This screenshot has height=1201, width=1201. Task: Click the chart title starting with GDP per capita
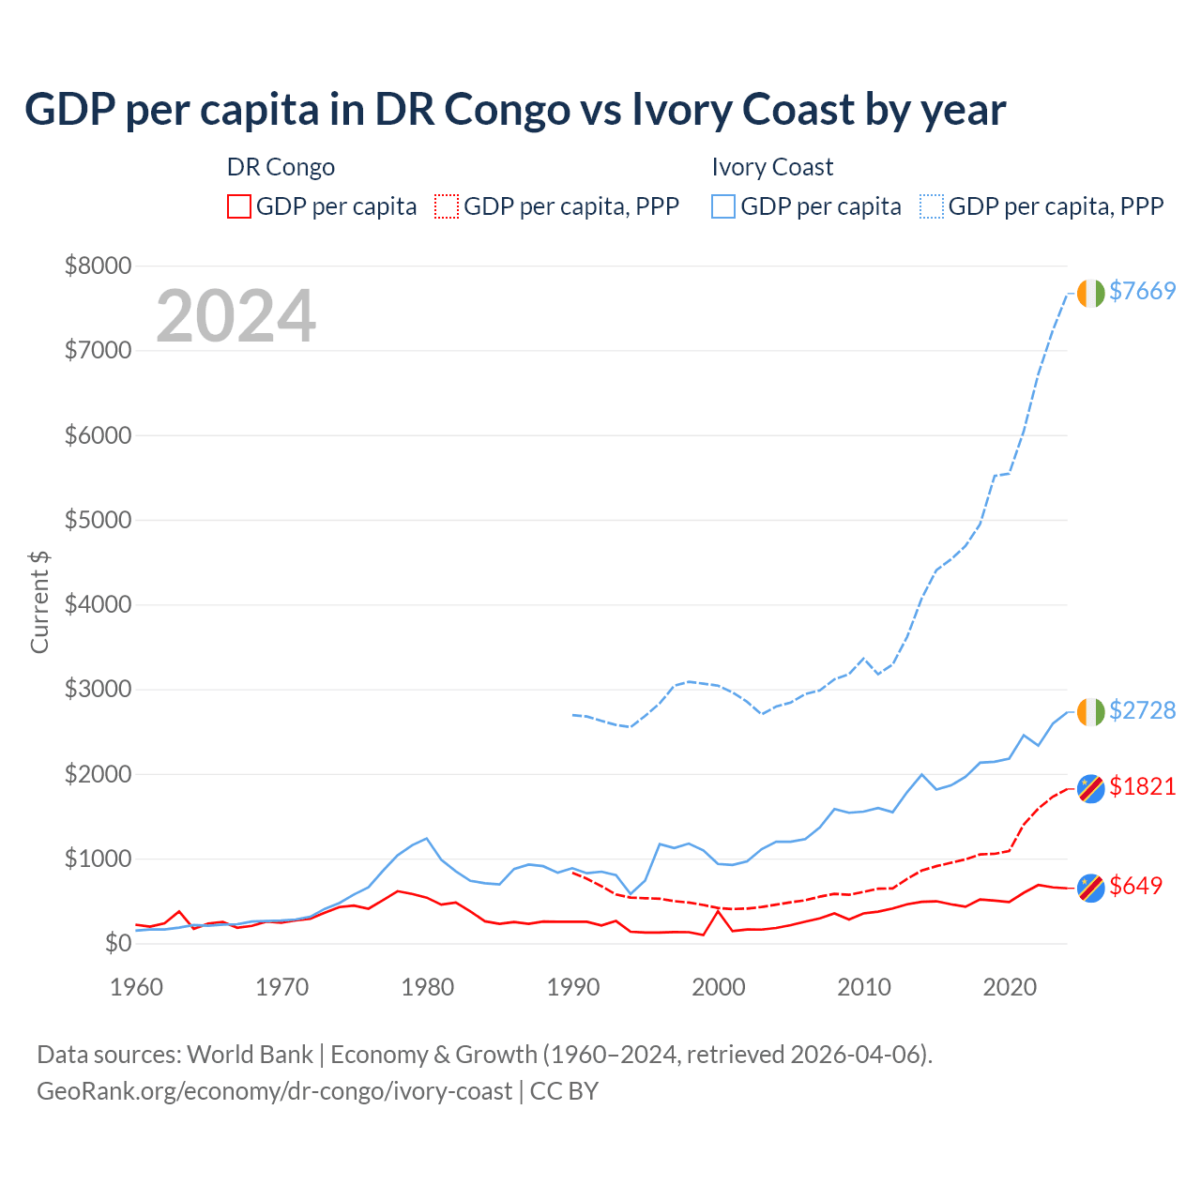click(515, 110)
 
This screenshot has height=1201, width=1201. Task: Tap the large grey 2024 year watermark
click(236, 316)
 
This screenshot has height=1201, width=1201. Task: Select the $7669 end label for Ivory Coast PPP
click(1142, 291)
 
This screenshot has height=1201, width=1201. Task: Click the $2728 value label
click(1142, 710)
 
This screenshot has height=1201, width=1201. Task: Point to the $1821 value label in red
click(1142, 786)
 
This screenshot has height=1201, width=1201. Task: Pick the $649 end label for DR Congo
click(1135, 886)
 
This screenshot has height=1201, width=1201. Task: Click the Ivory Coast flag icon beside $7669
click(1090, 293)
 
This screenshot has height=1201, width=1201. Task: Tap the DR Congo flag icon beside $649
click(1090, 888)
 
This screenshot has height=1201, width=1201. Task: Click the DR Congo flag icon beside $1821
click(1090, 788)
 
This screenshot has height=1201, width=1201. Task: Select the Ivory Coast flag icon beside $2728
click(1090, 712)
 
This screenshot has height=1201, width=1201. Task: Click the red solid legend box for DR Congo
click(239, 206)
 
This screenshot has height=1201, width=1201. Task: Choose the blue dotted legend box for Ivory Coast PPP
click(932, 206)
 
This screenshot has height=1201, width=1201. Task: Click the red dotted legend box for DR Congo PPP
click(447, 206)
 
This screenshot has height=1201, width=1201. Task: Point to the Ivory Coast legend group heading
click(772, 167)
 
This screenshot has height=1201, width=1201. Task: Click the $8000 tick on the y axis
click(98, 266)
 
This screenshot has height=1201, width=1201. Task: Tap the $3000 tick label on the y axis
click(98, 690)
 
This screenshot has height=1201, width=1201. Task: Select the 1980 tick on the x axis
click(428, 987)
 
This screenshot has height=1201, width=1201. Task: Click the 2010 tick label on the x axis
click(864, 987)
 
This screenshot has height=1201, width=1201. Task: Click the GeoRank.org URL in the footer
click(274, 1091)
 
